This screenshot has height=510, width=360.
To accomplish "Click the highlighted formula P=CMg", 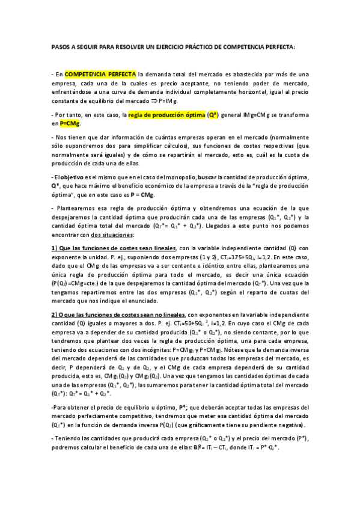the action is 69,123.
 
